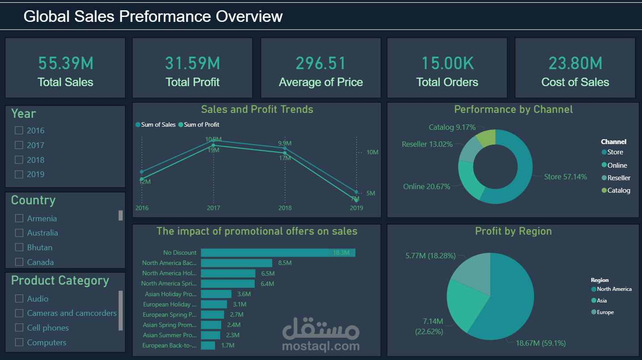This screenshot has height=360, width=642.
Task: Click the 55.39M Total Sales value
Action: (66, 63)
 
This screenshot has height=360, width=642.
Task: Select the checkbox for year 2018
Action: (19, 160)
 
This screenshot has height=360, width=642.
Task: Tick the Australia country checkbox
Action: (19, 233)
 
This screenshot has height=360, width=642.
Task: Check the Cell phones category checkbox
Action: (19, 328)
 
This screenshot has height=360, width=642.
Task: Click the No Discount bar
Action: (268, 252)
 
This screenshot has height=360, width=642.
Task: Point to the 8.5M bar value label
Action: (284, 263)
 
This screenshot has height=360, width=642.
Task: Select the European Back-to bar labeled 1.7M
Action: (208, 345)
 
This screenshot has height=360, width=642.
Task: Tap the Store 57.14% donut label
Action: (565, 177)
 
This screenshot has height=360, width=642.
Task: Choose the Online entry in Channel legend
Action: (617, 165)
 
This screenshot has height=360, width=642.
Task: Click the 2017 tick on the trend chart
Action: (213, 208)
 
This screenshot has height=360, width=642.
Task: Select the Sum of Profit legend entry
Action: (201, 124)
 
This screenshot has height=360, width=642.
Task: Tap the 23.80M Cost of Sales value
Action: (575, 63)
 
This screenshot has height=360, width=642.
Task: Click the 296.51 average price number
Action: (321, 63)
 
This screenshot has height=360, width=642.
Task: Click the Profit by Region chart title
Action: (513, 231)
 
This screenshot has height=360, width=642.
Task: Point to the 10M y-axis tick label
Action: (372, 152)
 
